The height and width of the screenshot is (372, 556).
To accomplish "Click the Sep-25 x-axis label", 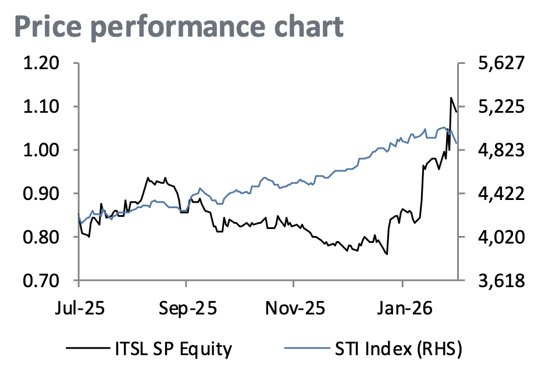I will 186,307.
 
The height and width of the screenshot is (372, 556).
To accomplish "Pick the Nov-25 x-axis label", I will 294,307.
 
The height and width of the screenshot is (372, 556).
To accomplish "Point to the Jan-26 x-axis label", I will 402,307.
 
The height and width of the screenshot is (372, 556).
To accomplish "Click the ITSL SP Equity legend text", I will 170,349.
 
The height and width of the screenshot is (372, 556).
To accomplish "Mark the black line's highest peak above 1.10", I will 451,98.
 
